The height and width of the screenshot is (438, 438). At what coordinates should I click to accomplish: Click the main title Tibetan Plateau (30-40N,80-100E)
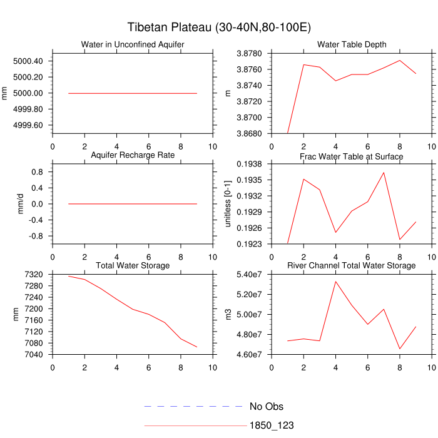(219, 28)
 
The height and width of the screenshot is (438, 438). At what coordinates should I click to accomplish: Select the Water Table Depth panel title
(351, 44)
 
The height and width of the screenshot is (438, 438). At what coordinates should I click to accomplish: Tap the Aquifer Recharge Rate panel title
(133, 155)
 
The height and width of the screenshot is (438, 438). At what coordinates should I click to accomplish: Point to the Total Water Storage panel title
(133, 266)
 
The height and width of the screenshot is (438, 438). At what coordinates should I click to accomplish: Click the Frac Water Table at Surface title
(351, 156)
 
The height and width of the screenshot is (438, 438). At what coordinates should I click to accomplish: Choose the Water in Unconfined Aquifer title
(133, 44)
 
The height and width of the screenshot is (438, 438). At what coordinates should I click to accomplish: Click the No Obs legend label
(270, 407)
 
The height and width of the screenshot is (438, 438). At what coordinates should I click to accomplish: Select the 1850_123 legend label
(272, 425)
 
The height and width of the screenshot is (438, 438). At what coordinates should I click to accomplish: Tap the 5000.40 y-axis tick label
(28, 61)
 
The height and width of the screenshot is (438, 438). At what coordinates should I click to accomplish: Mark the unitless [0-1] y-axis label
(228, 204)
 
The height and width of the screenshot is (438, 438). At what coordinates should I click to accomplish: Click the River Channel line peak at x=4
(335, 281)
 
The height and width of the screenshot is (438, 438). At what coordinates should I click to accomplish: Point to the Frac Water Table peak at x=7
(384, 173)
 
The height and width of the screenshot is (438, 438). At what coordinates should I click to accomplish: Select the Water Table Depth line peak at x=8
(399, 60)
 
